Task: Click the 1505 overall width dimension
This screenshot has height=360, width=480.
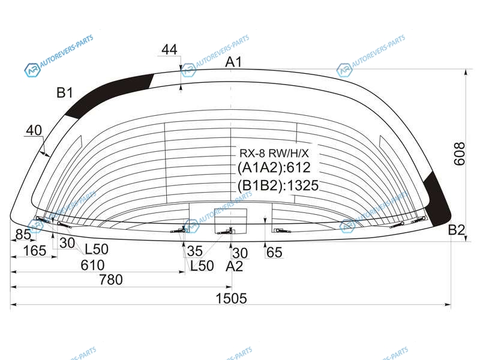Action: pyautogui.click(x=231, y=298)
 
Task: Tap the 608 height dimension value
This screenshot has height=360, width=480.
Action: pyautogui.click(x=459, y=154)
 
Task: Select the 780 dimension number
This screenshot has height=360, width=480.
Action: pyautogui.click(x=111, y=280)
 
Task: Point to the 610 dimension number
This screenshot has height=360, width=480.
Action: pyautogui.click(x=92, y=265)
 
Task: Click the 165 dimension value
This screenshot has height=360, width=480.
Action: pyautogui.click(x=35, y=251)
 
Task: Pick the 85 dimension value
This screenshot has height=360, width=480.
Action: pyautogui.click(x=23, y=235)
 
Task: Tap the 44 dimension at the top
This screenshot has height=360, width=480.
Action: pyautogui.click(x=169, y=49)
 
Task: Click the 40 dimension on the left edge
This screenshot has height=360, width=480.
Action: pyautogui.click(x=34, y=130)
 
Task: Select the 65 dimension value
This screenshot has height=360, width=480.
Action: pyautogui.click(x=274, y=253)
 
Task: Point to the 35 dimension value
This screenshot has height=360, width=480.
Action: pyautogui.click(x=194, y=251)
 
